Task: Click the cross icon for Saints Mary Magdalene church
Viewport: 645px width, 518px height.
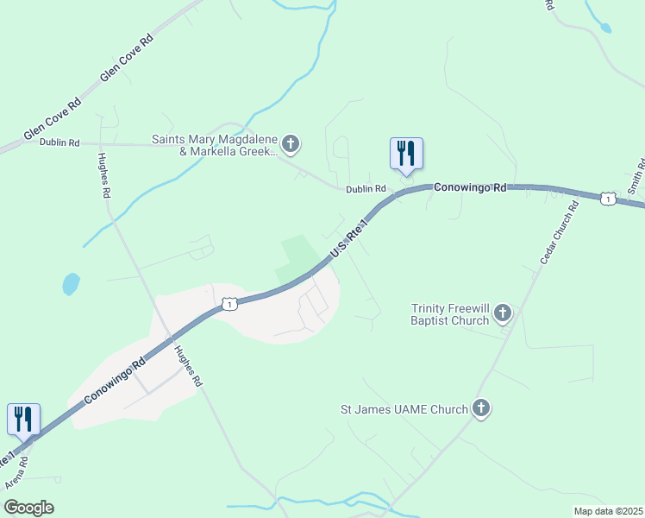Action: [x=291, y=143]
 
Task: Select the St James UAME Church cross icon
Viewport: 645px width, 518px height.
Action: [x=481, y=408]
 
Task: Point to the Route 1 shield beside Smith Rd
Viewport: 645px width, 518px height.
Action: [x=609, y=199]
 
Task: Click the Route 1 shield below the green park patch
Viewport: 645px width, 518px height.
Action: [x=229, y=304]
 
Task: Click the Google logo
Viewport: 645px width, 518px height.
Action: [x=28, y=508]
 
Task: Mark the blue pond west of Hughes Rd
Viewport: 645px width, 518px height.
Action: [x=71, y=283]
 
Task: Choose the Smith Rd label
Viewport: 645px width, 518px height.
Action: [x=636, y=177]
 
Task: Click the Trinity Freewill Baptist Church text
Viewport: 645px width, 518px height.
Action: [x=449, y=314]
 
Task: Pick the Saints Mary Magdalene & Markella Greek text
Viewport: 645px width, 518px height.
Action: [x=216, y=145]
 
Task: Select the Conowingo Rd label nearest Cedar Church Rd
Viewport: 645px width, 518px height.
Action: [x=469, y=186]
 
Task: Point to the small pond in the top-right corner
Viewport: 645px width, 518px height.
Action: [x=605, y=28]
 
